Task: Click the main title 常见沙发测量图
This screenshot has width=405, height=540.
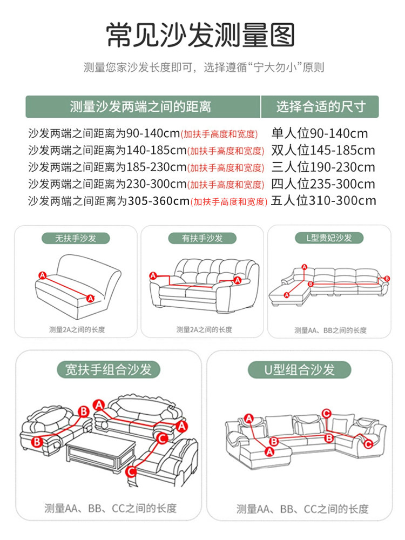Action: click(x=202, y=35)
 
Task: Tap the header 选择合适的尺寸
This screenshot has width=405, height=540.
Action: click(x=321, y=107)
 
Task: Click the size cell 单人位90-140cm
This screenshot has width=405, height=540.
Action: click(x=319, y=133)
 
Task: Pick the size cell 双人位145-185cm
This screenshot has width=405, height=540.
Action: click(x=323, y=150)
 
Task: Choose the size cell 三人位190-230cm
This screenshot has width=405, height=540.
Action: click(x=323, y=167)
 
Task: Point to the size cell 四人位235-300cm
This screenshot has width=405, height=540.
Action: click(x=323, y=184)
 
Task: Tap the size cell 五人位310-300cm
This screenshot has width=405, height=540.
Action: click(x=323, y=201)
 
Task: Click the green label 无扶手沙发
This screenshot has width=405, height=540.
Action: click(x=76, y=238)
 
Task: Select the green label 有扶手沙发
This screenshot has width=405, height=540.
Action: click(x=202, y=238)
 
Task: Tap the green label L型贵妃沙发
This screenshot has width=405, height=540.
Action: click(x=330, y=238)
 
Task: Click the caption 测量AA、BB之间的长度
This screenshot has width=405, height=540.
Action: click(x=330, y=330)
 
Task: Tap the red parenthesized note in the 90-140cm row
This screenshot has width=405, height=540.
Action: click(x=219, y=134)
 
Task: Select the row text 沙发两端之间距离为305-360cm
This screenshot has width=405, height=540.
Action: click(x=108, y=201)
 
